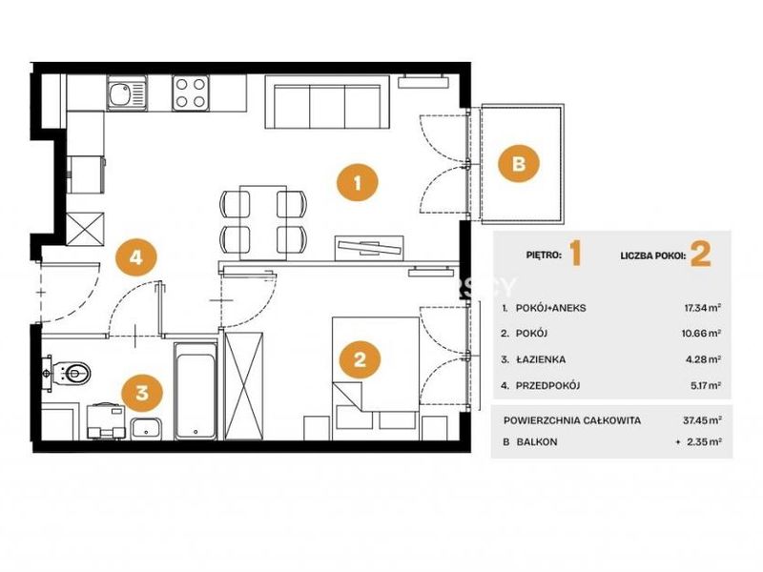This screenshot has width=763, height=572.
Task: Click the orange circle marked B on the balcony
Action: (x=519, y=163)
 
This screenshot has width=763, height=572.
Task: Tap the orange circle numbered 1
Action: (x=358, y=183)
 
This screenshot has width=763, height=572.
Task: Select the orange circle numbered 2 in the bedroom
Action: (x=360, y=359)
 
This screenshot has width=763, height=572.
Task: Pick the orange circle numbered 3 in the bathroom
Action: (x=141, y=392)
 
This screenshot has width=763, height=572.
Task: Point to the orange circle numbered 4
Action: (x=136, y=255)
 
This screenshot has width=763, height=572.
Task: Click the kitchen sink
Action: (x=127, y=93)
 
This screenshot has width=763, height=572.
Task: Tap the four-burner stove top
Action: (x=190, y=93)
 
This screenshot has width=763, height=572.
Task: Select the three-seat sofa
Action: (x=326, y=102)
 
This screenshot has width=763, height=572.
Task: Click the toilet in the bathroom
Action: (x=72, y=374)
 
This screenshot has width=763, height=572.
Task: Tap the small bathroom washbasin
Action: (x=147, y=428)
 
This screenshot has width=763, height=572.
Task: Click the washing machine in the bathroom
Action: (x=106, y=420)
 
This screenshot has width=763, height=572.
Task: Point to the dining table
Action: (x=263, y=222)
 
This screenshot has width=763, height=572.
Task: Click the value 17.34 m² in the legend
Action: (x=702, y=308)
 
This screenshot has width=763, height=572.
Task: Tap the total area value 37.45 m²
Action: (x=702, y=419)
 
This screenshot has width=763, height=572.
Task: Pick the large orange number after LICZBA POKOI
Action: (x=701, y=254)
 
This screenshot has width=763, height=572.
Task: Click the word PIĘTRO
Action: (x=544, y=255)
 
